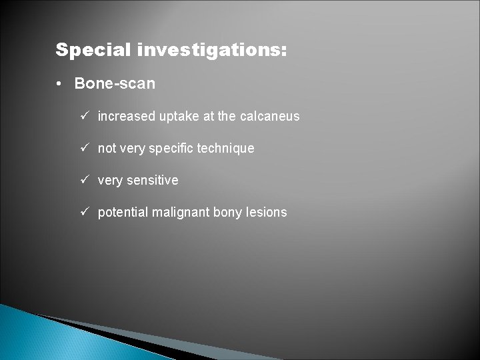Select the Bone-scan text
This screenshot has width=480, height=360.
coord(115,84)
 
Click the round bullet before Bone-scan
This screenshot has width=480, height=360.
coord(60,84)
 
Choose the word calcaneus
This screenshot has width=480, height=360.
coord(270,117)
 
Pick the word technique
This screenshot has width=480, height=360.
coord(228,149)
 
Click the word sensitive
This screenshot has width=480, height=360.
coord(153,181)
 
